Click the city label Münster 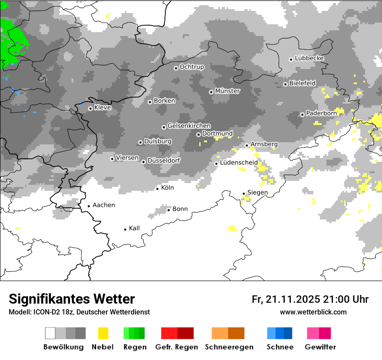[x=227, y=91]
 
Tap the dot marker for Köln [x=158, y=189]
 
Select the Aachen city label [x=104, y=205]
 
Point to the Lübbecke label [x=309, y=58]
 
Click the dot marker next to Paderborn [x=302, y=115]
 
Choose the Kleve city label [x=102, y=108]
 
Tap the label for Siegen [x=257, y=193]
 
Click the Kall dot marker [x=125, y=229]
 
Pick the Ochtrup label [x=191, y=67]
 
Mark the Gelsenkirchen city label [x=189, y=126]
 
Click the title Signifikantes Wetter [x=72, y=299]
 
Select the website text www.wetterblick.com [x=313, y=312]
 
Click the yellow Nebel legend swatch [x=103, y=333]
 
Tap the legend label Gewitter [x=320, y=347]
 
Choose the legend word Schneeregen [x=229, y=347]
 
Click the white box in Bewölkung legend [x=50, y=333]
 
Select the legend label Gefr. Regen [x=177, y=347]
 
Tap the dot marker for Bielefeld [x=285, y=84]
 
